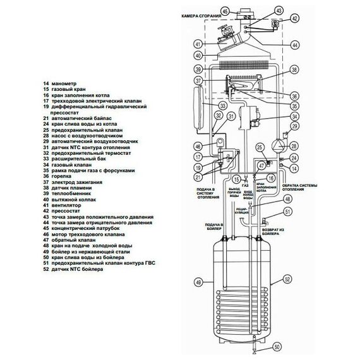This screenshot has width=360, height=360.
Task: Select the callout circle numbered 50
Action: click(276, 347)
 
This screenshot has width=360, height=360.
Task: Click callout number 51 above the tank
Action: click(288, 212)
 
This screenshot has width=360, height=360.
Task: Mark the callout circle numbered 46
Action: click(198, 147)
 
